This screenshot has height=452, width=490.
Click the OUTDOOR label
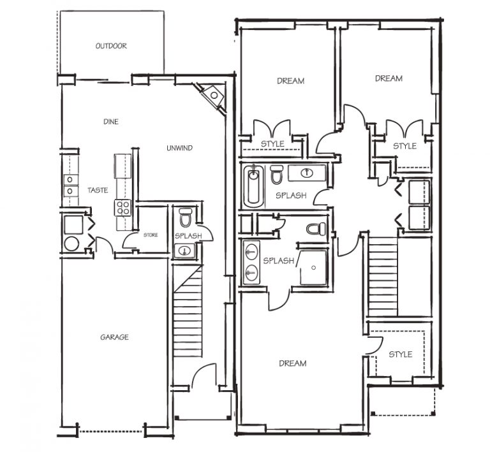tap(111, 46)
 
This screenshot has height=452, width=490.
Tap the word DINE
tap(111, 121)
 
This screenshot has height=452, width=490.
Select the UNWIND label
tap(179, 148)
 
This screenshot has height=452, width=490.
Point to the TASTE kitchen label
tap(98, 190)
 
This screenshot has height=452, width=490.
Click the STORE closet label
tap(151, 235)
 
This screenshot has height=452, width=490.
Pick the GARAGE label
tap(114, 337)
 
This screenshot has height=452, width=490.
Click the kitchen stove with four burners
tap(122, 208)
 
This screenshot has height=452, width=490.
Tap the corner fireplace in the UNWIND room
tap(212, 96)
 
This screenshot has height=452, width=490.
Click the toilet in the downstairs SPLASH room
tap(185, 217)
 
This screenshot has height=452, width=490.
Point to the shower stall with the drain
tap(313, 267)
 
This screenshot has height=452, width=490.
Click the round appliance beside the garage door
tap(71, 244)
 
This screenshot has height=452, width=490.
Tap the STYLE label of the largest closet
tap(400, 354)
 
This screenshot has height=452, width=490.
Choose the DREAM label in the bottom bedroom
tap(292, 363)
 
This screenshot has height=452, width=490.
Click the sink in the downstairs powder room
tap(184, 251)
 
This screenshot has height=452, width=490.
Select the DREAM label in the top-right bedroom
tap(389, 78)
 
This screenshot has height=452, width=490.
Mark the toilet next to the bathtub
tap(276, 175)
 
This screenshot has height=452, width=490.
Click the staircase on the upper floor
tap(383, 277)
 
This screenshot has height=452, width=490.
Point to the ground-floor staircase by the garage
tap(188, 311)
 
